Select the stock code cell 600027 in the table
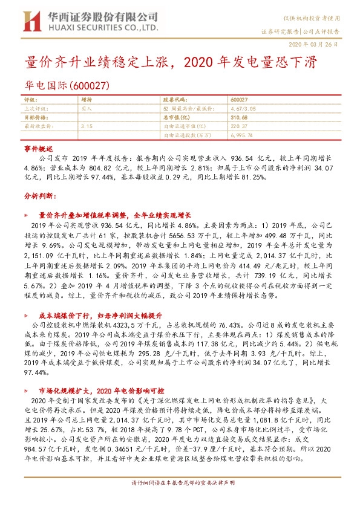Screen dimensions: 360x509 240,99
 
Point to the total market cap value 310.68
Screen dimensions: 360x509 240,117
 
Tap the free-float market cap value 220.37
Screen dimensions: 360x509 240,126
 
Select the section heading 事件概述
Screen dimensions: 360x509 39,148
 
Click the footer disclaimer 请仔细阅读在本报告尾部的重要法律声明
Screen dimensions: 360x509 180,499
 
